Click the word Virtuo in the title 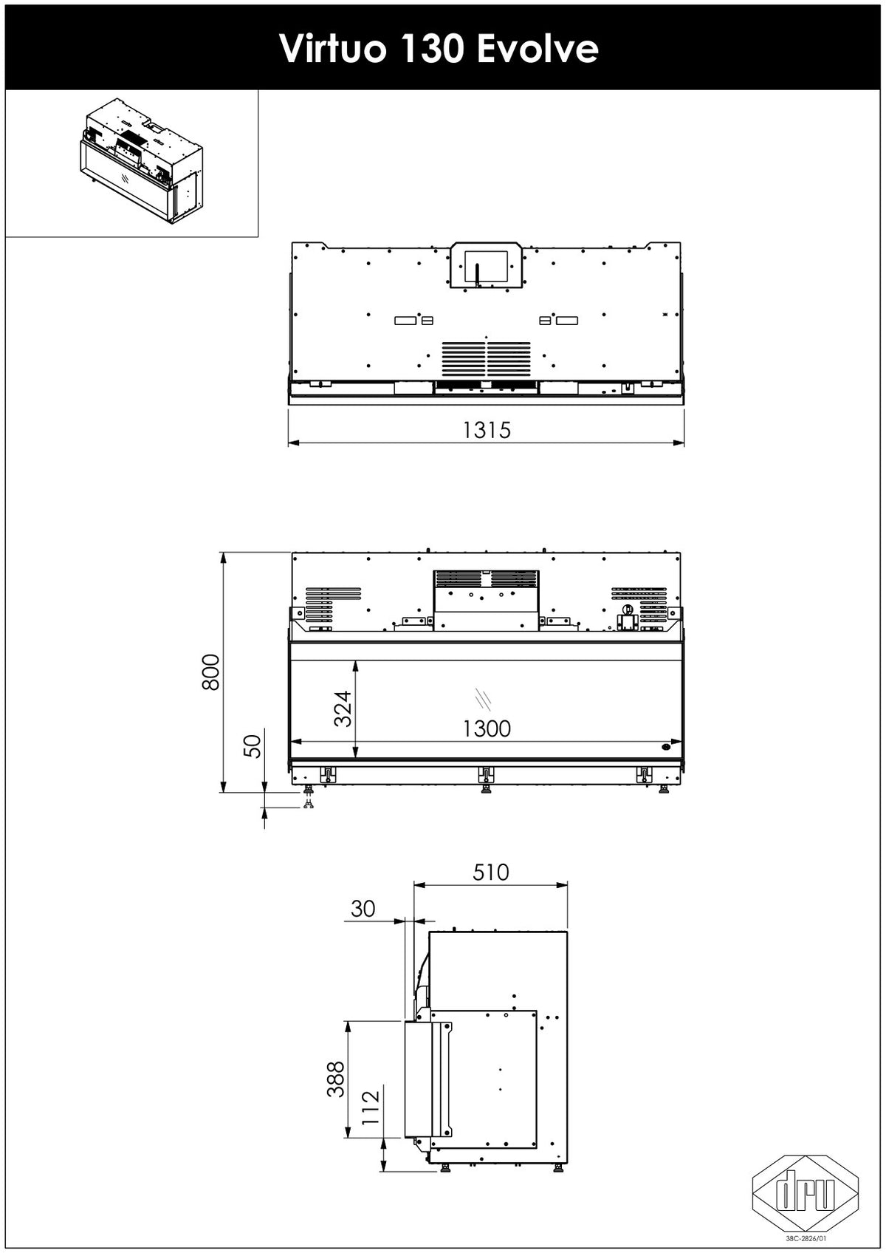point(332,49)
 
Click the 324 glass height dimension point(343,709)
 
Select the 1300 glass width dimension point(487,728)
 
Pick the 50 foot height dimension point(254,745)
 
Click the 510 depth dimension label point(491,872)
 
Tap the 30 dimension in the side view point(363,909)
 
